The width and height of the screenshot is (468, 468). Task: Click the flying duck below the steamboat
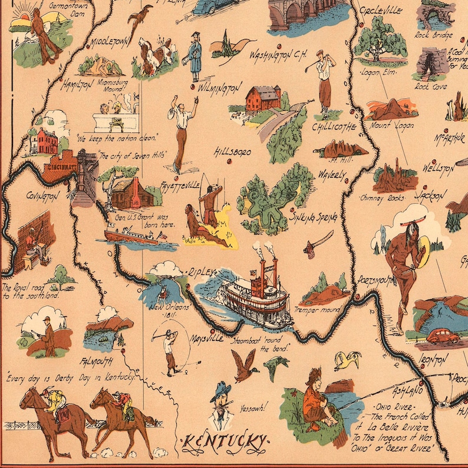tap(243, 364)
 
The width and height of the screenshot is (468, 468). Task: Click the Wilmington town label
tap(219, 88)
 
